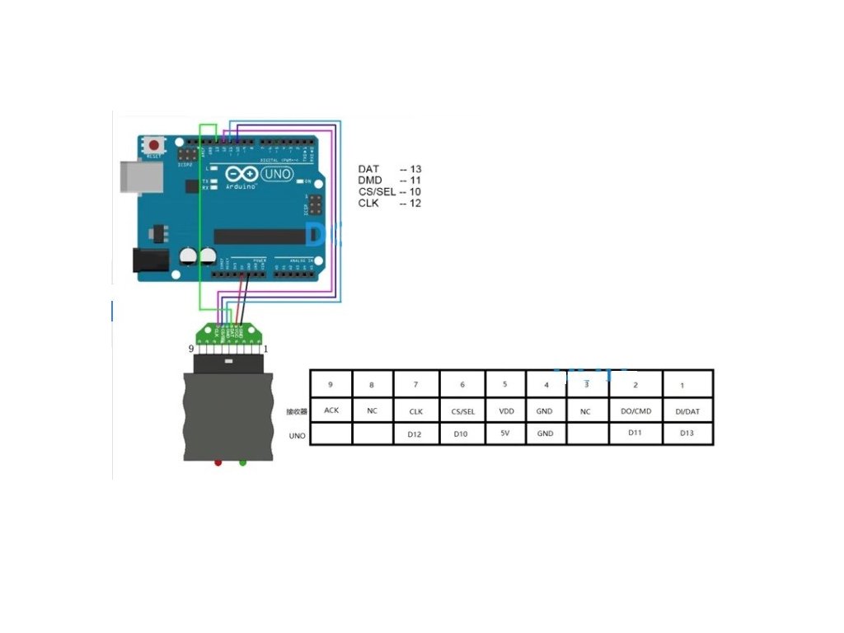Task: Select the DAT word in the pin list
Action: tap(368, 169)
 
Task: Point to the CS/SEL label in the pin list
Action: tap(377, 192)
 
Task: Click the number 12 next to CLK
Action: tap(415, 203)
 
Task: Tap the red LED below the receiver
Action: tap(218, 462)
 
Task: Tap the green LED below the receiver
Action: tap(242, 462)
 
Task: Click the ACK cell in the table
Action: tap(331, 410)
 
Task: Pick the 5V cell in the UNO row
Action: tap(504, 433)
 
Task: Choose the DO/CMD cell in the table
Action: tap(635, 410)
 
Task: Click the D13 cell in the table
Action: tap(687, 433)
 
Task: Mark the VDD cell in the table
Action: tap(504, 410)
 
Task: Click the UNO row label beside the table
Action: tap(297, 434)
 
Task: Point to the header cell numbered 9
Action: tap(331, 385)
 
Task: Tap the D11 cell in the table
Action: tap(635, 432)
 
